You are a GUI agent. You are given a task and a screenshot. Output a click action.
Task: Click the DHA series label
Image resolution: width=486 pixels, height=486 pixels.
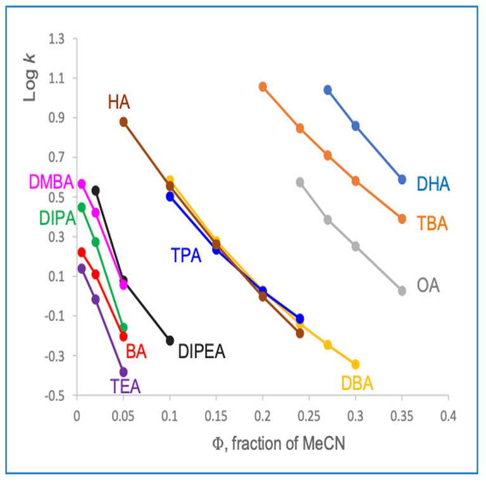point(433,184)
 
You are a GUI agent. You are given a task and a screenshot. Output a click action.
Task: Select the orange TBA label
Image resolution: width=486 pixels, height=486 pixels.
point(432,223)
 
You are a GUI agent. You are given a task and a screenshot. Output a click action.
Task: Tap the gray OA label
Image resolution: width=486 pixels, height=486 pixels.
point(428,286)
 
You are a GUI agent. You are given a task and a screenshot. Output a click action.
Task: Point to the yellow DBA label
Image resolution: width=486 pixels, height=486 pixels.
point(357,383)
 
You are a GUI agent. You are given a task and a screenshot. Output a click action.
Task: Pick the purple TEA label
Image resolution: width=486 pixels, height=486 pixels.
point(125,385)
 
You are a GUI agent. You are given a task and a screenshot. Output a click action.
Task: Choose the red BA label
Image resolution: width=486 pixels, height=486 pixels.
point(136,352)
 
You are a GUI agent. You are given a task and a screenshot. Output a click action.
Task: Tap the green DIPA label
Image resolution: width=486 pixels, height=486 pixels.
point(56,218)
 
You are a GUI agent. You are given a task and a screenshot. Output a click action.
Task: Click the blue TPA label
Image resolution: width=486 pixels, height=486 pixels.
point(186,256)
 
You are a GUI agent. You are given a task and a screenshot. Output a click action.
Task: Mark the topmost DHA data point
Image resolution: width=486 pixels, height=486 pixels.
point(328,90)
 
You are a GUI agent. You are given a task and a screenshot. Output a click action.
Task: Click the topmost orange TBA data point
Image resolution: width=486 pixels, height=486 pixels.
point(263,86)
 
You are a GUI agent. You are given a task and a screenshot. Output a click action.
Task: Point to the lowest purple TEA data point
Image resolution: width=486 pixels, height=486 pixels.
point(123,372)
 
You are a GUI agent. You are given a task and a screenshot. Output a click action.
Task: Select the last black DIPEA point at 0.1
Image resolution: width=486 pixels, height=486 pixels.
point(170,340)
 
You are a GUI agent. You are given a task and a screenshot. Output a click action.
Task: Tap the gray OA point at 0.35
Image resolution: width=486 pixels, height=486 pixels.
point(402,290)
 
